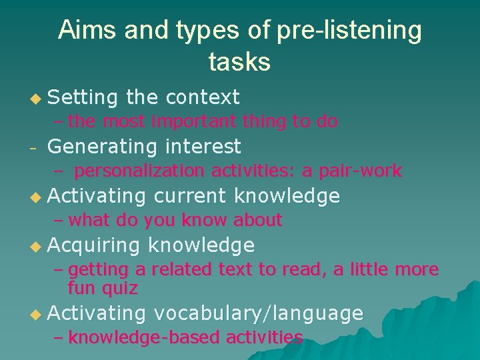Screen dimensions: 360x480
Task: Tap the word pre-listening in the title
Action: pos(346,31)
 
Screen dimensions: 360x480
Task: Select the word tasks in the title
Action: pos(239,61)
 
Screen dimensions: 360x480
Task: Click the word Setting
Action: pos(83,97)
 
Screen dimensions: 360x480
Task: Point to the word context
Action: pos(202,97)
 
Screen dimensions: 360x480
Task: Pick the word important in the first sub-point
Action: pos(193,121)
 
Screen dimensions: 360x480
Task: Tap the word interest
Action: pos(203,146)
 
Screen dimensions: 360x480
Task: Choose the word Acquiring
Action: pos(94,245)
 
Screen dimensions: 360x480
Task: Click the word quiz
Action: pos(120,288)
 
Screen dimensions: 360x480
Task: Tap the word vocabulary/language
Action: pos(258,313)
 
